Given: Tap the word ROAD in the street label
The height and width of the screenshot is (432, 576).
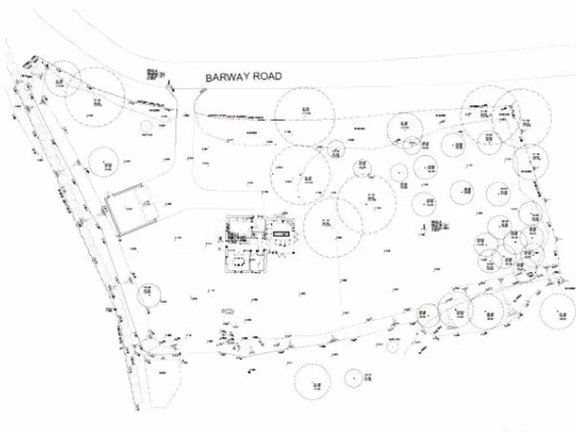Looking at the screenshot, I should pos(269,77).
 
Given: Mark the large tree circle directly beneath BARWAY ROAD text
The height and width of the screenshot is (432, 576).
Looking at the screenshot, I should pos(303,116).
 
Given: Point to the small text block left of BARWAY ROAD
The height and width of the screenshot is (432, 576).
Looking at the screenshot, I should pos(154,75).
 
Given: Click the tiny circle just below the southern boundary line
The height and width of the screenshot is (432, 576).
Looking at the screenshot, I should pos(391,346).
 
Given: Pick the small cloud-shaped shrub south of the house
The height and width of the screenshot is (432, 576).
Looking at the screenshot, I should pos(231,309).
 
